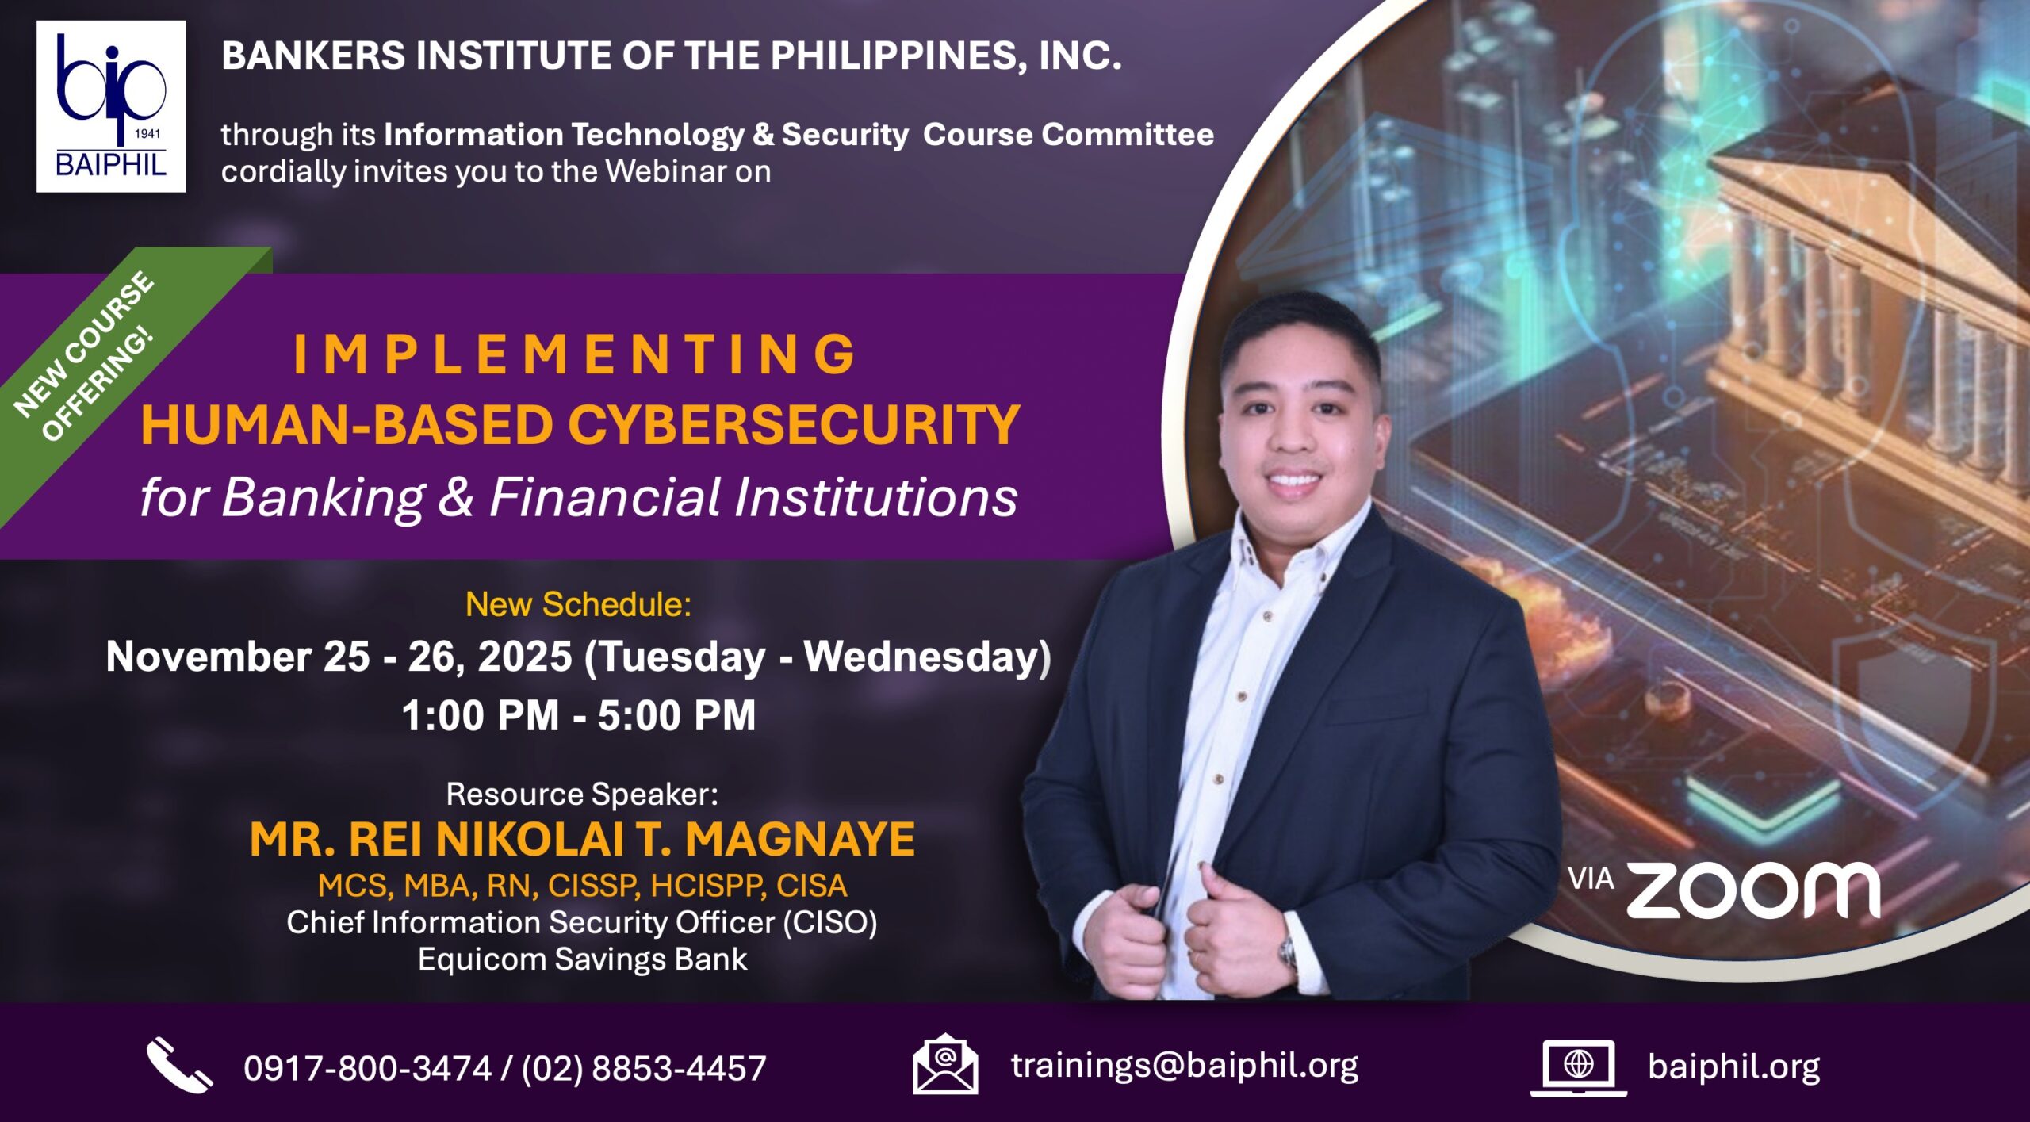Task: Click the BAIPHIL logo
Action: pos(111,106)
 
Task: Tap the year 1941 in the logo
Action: pos(147,134)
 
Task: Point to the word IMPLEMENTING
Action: pos(575,354)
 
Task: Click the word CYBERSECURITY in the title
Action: pos(793,425)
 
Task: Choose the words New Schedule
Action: pos(578,604)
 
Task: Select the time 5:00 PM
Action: pos(676,715)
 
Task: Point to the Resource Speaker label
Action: pos(582,794)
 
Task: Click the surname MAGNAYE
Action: pos(800,839)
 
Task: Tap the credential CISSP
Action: pos(594,886)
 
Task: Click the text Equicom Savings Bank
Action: pos(582,959)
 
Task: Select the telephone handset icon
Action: pos(179,1065)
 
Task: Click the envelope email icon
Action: pos(944,1064)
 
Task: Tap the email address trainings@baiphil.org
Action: pos(1185,1066)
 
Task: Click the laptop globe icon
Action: pos(1578,1068)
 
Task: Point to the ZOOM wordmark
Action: pos(1753,890)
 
